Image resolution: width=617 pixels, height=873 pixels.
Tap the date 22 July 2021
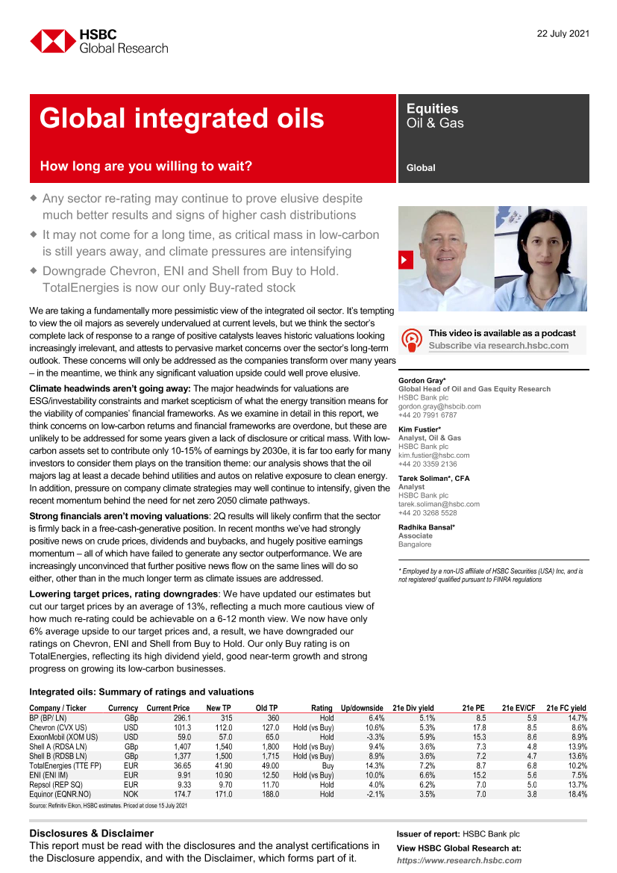(x=563, y=33)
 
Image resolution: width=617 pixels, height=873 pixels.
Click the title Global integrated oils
(x=182, y=119)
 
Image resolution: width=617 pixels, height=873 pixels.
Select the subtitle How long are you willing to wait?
(x=146, y=167)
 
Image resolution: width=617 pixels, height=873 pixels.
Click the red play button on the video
(x=406, y=260)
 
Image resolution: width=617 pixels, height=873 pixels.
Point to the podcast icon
(x=412, y=339)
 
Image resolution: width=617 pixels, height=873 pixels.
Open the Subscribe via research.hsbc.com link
(x=498, y=346)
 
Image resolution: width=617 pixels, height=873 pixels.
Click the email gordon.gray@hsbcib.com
(x=439, y=406)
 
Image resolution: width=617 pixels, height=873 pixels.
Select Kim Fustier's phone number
(x=427, y=464)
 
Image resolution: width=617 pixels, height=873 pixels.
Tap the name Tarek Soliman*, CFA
(x=434, y=478)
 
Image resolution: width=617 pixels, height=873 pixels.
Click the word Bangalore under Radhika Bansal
(x=415, y=544)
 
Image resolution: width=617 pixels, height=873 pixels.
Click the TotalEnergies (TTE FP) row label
(x=65, y=766)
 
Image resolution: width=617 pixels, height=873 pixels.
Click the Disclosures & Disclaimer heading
(x=91, y=833)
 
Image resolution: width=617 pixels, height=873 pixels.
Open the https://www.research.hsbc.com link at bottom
(x=459, y=860)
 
